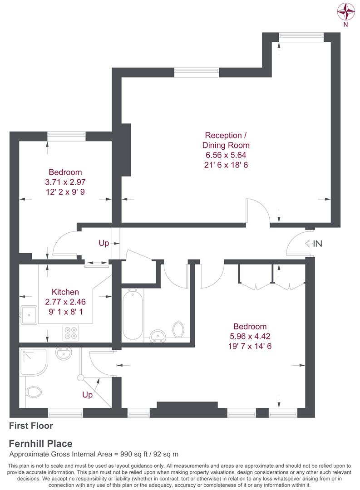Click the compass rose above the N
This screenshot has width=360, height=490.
(345, 11)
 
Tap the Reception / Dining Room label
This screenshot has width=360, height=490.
(226, 140)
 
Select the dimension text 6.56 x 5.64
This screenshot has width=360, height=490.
(226, 155)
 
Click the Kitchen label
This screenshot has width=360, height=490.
(65, 292)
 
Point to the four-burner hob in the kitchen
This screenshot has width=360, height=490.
(71, 333)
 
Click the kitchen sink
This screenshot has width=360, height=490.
(29, 315)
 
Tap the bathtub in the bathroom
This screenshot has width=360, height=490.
(133, 314)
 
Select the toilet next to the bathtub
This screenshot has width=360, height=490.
(178, 330)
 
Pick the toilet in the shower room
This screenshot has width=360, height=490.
(33, 392)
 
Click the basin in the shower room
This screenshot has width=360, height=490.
(64, 354)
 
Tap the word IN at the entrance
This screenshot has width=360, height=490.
(318, 244)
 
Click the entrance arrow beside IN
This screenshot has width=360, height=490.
(309, 243)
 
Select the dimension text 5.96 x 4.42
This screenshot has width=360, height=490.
(250, 336)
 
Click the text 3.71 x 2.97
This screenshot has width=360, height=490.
(65, 182)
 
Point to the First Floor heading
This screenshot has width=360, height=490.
(31, 426)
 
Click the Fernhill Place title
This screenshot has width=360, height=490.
(41, 444)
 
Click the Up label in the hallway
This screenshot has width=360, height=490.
(104, 243)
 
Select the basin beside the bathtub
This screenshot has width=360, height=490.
(158, 336)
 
